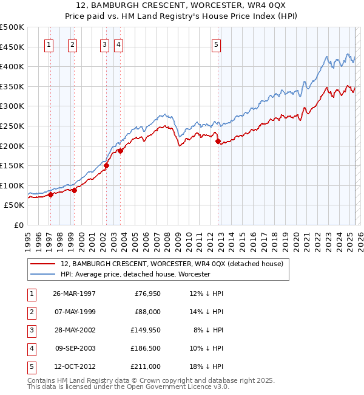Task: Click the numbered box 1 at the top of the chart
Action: click(x=49, y=44)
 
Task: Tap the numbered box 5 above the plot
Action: click(x=217, y=44)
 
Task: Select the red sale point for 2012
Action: click(x=218, y=141)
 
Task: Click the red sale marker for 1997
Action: click(x=51, y=194)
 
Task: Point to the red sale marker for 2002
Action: click(x=106, y=165)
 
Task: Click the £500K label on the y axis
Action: click(x=12, y=27)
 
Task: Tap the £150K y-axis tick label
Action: click(x=12, y=165)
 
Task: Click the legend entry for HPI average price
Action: click(x=135, y=274)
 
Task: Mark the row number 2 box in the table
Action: click(x=30, y=312)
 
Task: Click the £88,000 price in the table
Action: click(x=147, y=312)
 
